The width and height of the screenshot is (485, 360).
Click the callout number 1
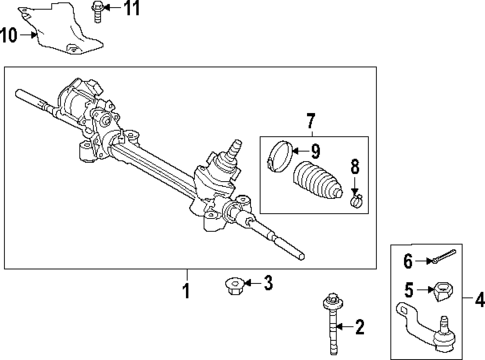pyautogui.click(x=184, y=291)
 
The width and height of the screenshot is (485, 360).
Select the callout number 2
pyautogui.click(x=361, y=325)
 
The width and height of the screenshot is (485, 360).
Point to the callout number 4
pyautogui.click(x=479, y=298)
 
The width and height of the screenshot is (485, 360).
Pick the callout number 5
pyautogui.click(x=408, y=290)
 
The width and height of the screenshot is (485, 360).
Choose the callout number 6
pyautogui.click(x=407, y=263)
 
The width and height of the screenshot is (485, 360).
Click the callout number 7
pyautogui.click(x=311, y=122)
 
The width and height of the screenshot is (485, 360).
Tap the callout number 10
pyautogui.click(x=9, y=36)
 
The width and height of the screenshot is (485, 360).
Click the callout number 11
pyautogui.click(x=132, y=10)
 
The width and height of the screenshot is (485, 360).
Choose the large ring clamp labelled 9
pyautogui.click(x=281, y=156)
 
